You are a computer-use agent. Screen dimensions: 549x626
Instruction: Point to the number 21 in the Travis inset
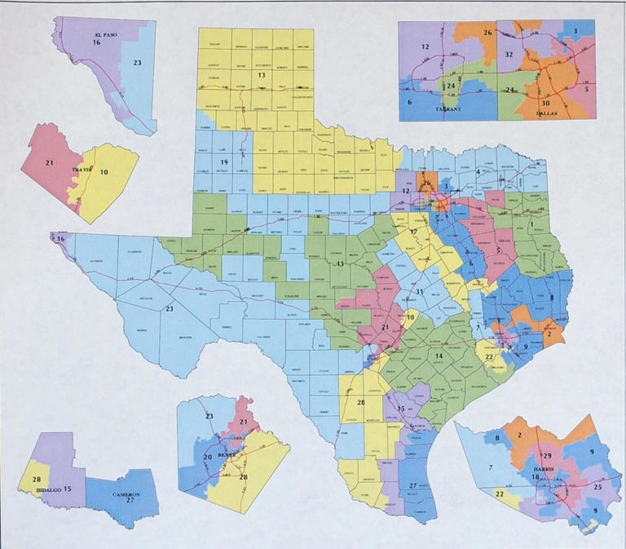[50, 163]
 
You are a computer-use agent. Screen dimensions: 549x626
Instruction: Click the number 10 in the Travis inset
[104, 172]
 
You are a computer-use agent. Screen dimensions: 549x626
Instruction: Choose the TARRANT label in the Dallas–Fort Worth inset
[448, 108]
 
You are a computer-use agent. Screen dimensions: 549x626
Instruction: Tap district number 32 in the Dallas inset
[508, 54]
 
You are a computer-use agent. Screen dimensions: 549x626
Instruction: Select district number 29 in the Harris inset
[548, 455]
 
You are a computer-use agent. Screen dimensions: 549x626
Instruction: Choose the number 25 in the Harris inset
[597, 487]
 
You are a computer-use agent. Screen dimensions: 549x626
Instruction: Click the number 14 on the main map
[438, 356]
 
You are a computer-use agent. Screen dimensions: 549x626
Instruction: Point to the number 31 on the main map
[419, 291]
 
